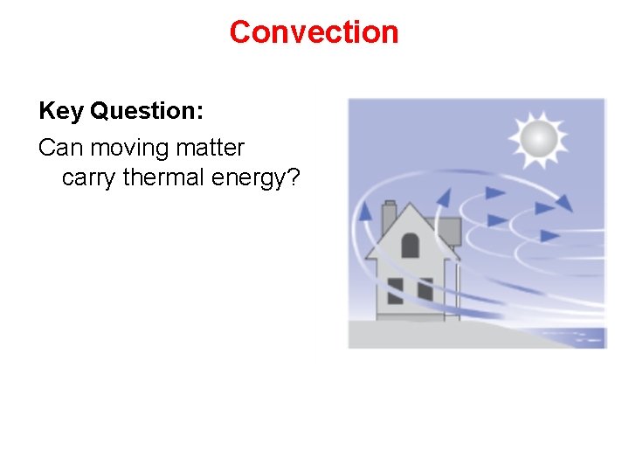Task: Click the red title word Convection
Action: point(314,32)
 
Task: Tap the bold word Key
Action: point(60,111)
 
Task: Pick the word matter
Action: point(213,148)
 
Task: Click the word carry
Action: point(90,177)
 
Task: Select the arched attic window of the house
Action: point(410,244)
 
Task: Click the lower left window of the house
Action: point(396,290)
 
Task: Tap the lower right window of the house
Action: point(425,290)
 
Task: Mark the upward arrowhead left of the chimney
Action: point(365,210)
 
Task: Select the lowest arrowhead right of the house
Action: point(550,235)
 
